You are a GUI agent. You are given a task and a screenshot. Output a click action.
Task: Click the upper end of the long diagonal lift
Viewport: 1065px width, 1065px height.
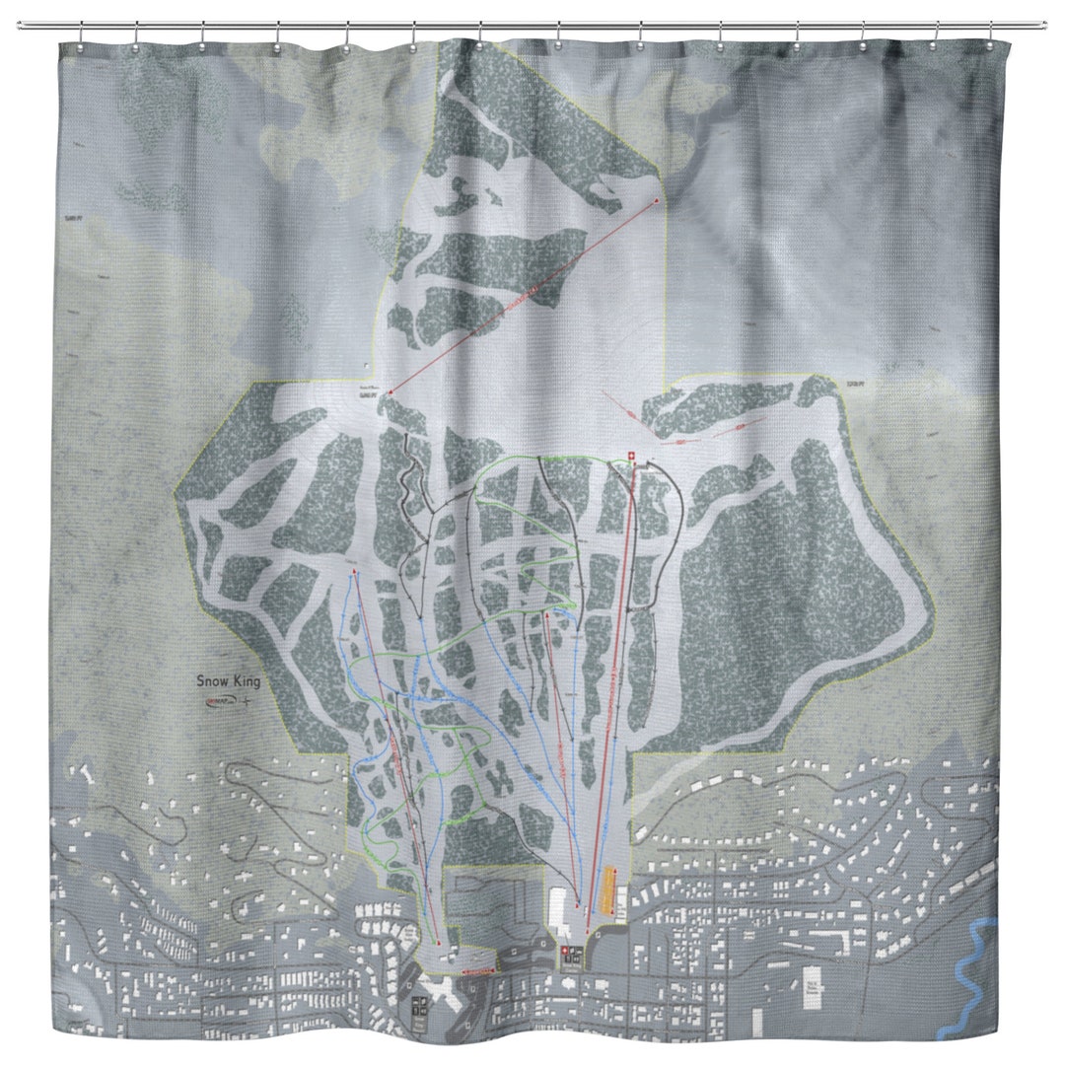click(655, 200)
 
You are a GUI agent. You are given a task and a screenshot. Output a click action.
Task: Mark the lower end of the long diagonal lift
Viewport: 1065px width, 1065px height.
click(391, 393)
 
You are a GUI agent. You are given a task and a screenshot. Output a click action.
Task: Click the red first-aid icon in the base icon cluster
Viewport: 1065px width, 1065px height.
click(566, 952)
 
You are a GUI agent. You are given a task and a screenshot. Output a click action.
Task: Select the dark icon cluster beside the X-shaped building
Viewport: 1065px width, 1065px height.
click(420, 1008)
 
